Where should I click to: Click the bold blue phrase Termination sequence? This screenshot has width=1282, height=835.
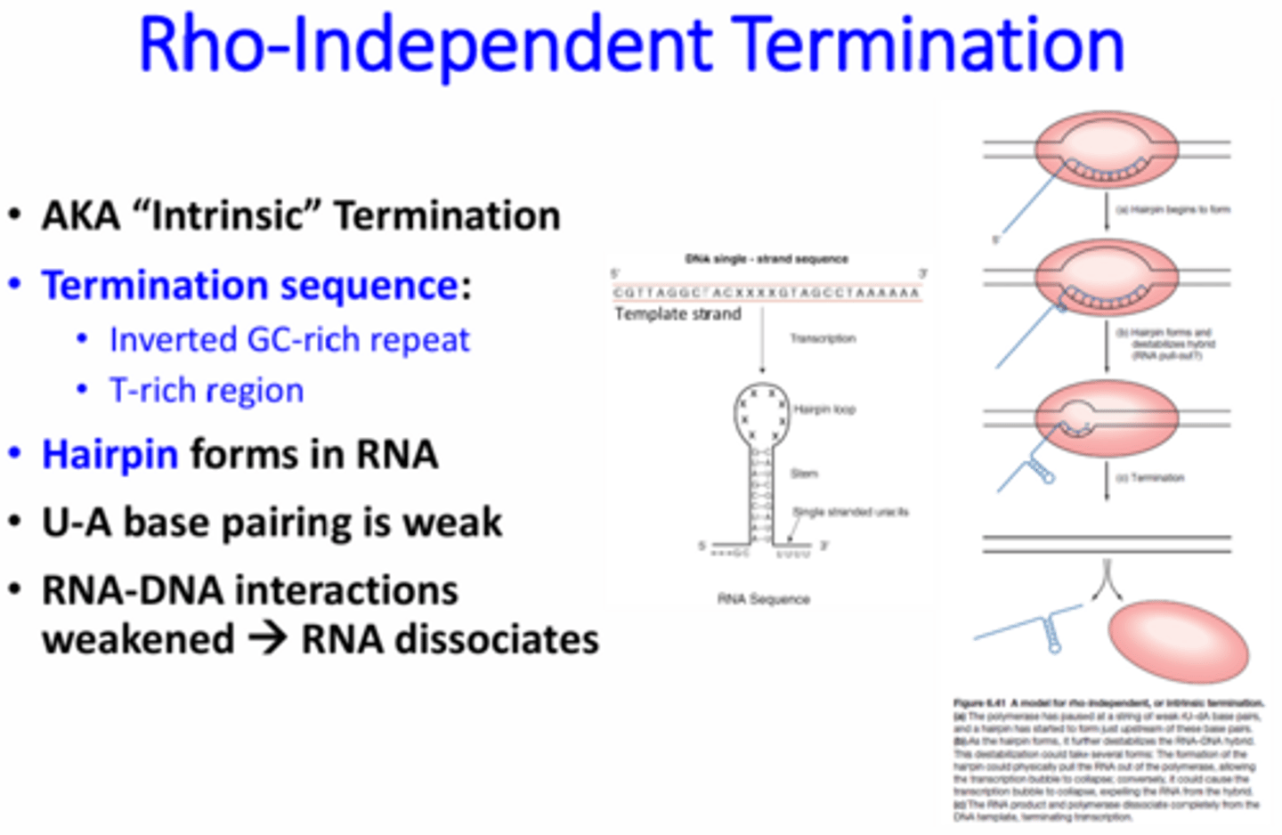[x=250, y=286]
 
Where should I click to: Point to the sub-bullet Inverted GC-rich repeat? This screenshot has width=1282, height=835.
[x=289, y=340]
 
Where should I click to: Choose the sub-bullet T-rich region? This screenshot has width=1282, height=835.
[x=207, y=391]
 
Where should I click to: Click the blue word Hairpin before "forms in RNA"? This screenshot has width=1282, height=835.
[x=110, y=455]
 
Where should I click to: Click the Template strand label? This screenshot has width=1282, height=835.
[x=678, y=314]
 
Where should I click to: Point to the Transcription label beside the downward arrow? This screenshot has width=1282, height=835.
[x=823, y=338]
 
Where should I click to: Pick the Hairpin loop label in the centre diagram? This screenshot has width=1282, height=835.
[x=824, y=409]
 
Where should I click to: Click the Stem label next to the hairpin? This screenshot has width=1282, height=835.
[x=804, y=474]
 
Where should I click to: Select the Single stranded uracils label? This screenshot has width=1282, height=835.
[x=850, y=512]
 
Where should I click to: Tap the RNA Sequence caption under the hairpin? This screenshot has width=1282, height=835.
[x=764, y=599]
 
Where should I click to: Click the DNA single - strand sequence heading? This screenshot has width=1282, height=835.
[x=767, y=259]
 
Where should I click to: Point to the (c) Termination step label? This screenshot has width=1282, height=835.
[x=1150, y=478]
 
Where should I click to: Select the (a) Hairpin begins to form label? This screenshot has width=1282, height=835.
[x=1172, y=210]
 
